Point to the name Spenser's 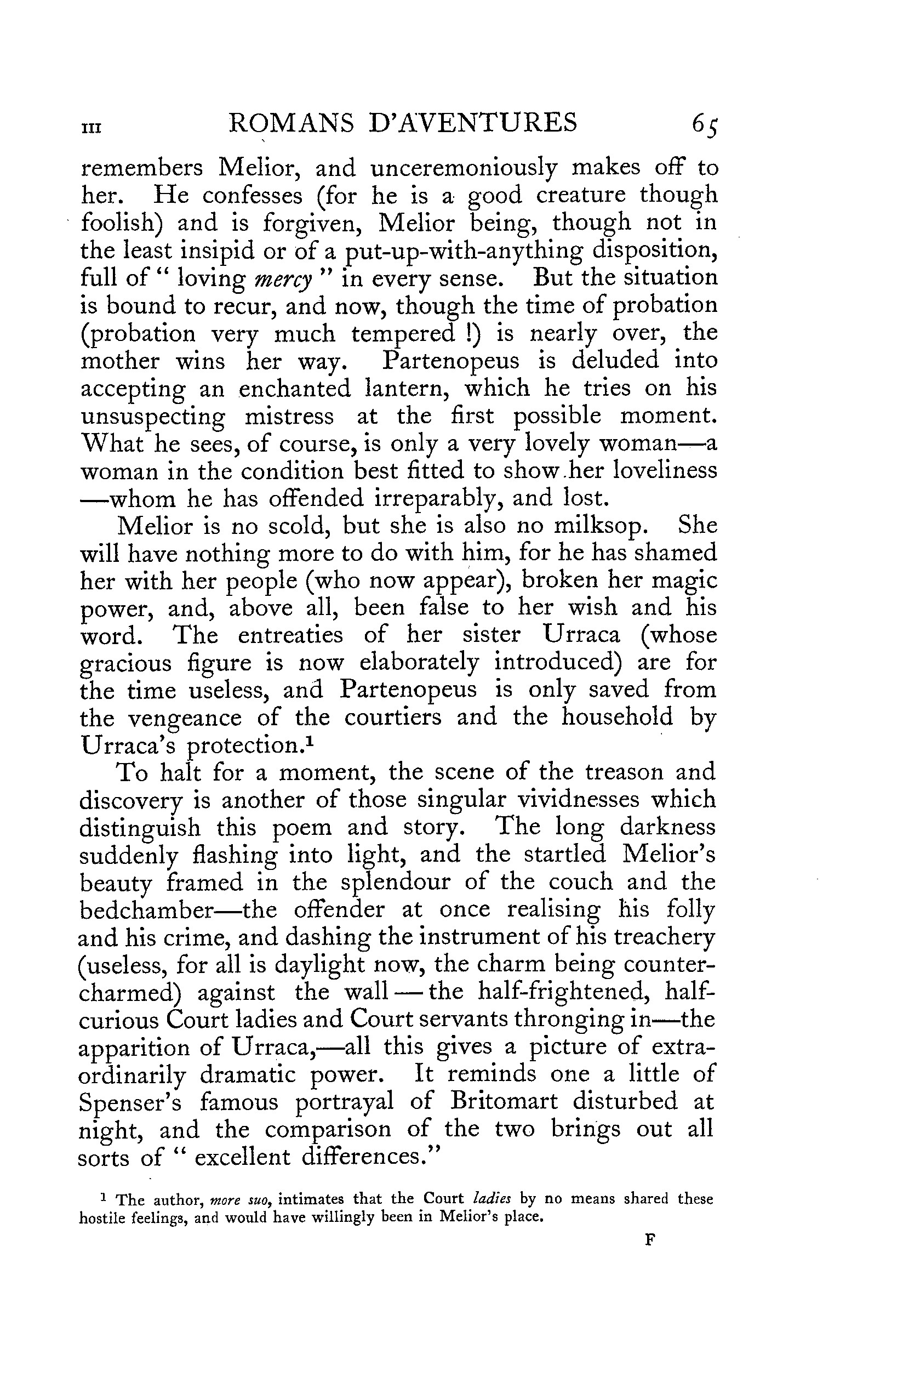tap(130, 1103)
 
